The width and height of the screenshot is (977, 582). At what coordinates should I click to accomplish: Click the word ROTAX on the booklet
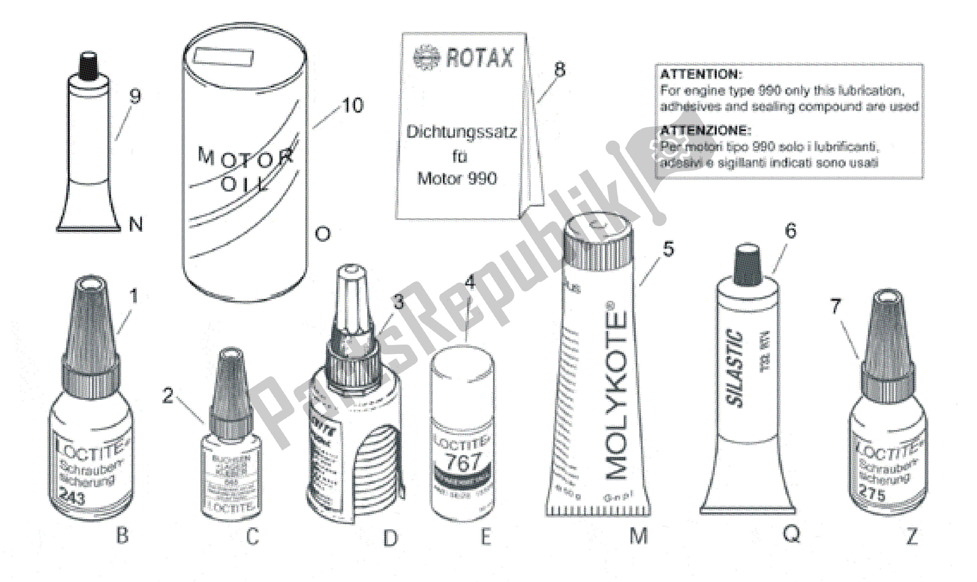pos(479,58)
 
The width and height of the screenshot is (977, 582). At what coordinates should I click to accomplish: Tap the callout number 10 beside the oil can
pos(353,105)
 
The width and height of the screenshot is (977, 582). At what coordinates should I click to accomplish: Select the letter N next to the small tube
pos(136,224)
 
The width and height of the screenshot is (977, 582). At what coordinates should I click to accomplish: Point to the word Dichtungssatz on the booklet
pos(461,132)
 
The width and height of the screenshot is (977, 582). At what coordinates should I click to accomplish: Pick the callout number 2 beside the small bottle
pos(168,395)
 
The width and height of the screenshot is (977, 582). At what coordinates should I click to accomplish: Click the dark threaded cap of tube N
pos(89,66)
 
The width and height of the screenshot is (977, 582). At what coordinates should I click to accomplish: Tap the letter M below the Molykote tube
pos(638,536)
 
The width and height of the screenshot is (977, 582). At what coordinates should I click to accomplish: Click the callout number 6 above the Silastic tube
pos(791,231)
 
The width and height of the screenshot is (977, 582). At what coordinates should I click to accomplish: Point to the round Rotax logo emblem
pos(426,58)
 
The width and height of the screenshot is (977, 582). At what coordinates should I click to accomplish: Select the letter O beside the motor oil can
pos(323,234)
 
